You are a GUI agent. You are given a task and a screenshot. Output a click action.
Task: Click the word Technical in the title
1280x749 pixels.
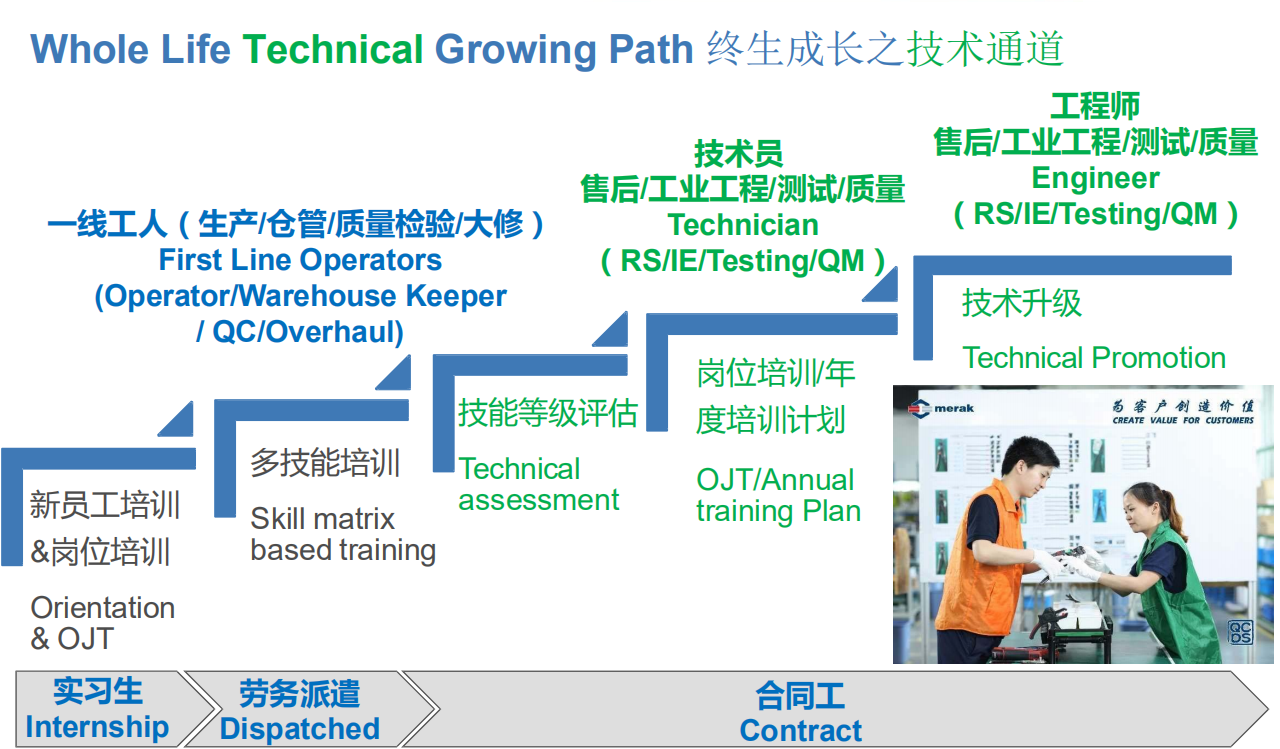pyautogui.click(x=333, y=49)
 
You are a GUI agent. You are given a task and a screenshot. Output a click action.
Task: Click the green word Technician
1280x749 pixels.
pyautogui.click(x=743, y=225)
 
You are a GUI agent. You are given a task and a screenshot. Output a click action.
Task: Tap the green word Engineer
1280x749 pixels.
pyautogui.click(x=1095, y=178)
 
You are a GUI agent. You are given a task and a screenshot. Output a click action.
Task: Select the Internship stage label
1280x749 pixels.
pyautogui.click(x=97, y=727)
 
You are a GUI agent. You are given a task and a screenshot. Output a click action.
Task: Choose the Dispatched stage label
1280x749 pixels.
pyautogui.click(x=300, y=728)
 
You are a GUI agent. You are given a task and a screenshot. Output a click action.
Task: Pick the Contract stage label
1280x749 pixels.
pyautogui.click(x=801, y=730)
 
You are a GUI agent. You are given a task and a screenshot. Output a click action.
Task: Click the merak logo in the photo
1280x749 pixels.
pyautogui.click(x=941, y=408)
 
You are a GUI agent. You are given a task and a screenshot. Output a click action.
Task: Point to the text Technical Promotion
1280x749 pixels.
pyautogui.click(x=1094, y=358)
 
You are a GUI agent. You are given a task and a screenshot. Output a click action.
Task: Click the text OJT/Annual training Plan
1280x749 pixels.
pyautogui.click(x=778, y=495)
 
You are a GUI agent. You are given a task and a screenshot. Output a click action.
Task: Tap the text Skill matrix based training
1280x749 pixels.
pyautogui.click(x=343, y=534)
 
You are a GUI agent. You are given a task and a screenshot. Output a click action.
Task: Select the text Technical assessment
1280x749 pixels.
pyautogui.click(x=538, y=484)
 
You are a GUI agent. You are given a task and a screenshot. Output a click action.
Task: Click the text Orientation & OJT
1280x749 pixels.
pyautogui.click(x=103, y=623)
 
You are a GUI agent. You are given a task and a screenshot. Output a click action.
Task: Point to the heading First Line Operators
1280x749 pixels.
pyautogui.click(x=300, y=260)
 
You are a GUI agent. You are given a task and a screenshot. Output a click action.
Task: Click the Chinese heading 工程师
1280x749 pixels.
pyautogui.click(x=1095, y=106)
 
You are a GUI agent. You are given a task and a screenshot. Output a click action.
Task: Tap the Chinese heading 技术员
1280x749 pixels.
pyautogui.click(x=738, y=154)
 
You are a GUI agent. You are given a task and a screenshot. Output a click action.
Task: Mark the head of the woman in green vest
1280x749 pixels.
pyautogui.click(x=1146, y=506)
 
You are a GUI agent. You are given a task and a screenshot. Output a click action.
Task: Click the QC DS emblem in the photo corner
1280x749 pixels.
pyautogui.click(x=1240, y=632)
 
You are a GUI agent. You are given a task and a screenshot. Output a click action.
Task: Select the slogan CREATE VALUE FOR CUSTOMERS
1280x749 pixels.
pyautogui.click(x=1183, y=420)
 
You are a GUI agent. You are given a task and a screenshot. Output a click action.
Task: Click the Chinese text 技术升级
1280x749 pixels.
pyautogui.click(x=1022, y=302)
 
